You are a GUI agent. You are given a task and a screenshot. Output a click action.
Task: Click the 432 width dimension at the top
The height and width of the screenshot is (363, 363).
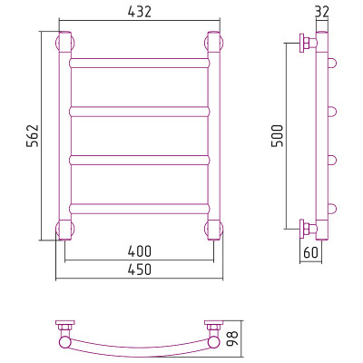click(139, 12)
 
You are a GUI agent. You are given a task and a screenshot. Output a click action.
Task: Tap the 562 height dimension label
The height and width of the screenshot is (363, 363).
click(33, 135)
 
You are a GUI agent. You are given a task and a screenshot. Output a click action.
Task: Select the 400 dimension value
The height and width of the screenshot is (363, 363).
click(139, 251)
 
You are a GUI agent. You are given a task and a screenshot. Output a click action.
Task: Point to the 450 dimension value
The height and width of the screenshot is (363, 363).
click(139, 270)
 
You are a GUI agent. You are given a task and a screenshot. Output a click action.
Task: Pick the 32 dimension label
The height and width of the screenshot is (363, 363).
click(322, 14)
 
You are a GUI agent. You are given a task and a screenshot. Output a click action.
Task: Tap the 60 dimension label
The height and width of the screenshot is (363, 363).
click(311, 252)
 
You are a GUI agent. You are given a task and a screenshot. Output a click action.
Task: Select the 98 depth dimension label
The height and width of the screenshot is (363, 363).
click(232, 338)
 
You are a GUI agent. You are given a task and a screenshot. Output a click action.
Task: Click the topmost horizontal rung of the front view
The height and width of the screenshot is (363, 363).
click(139, 63)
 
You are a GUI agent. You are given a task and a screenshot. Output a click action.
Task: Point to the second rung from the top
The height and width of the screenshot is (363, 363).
click(139, 112)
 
